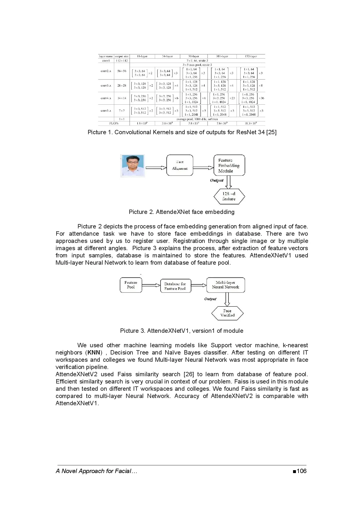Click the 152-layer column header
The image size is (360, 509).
[x=251, y=56]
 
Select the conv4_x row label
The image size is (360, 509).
[x=106, y=98]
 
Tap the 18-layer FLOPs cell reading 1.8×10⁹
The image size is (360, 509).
[x=142, y=123]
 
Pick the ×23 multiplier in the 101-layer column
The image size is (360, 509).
[x=232, y=98]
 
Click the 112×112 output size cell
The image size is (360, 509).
[x=122, y=61]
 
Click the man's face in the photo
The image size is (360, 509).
[x=132, y=163]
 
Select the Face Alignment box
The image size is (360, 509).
[x=180, y=165]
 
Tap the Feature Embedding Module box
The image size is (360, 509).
[x=229, y=165]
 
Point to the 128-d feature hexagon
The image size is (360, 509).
[x=229, y=196]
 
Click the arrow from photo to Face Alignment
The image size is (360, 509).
[x=156, y=168]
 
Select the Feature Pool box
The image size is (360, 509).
[x=131, y=285]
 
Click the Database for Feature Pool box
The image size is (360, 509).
[x=175, y=286]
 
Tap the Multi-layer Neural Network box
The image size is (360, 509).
[x=226, y=285]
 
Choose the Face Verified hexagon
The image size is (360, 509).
[x=227, y=313]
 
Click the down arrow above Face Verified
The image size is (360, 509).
[x=227, y=299]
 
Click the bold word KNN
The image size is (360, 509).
[x=94, y=352]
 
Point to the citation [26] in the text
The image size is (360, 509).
[x=189, y=374]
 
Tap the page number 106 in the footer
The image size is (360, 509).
[x=301, y=471]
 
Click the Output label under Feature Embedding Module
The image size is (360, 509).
[x=217, y=180]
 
